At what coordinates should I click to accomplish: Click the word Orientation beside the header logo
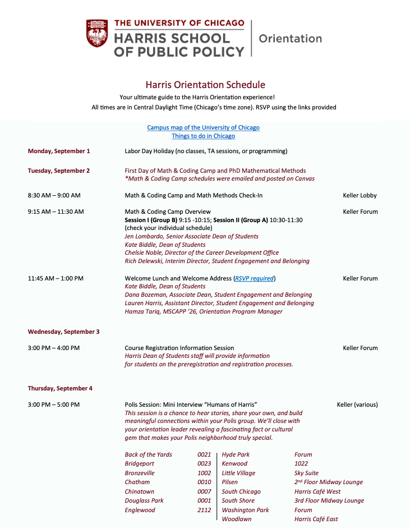[x=290, y=39]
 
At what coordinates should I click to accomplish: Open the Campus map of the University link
[x=203, y=127]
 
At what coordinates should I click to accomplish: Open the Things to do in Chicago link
[x=203, y=136]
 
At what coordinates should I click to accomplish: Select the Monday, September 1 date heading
[x=59, y=151]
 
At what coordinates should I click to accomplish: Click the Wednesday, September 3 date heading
[x=63, y=332]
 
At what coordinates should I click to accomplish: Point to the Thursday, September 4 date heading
[x=60, y=388]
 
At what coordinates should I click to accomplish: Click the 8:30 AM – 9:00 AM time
[x=54, y=195]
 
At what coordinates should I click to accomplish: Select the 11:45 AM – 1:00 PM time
[x=56, y=278]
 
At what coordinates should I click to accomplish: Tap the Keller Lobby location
[x=360, y=195]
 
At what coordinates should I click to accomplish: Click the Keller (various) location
[x=357, y=404]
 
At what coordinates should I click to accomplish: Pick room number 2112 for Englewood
[x=204, y=510]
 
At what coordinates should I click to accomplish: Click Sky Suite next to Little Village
[x=306, y=473]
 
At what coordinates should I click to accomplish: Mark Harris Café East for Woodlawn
[x=316, y=519]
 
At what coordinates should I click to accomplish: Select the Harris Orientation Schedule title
[x=205, y=85]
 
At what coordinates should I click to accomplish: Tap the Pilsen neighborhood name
[x=229, y=482]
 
